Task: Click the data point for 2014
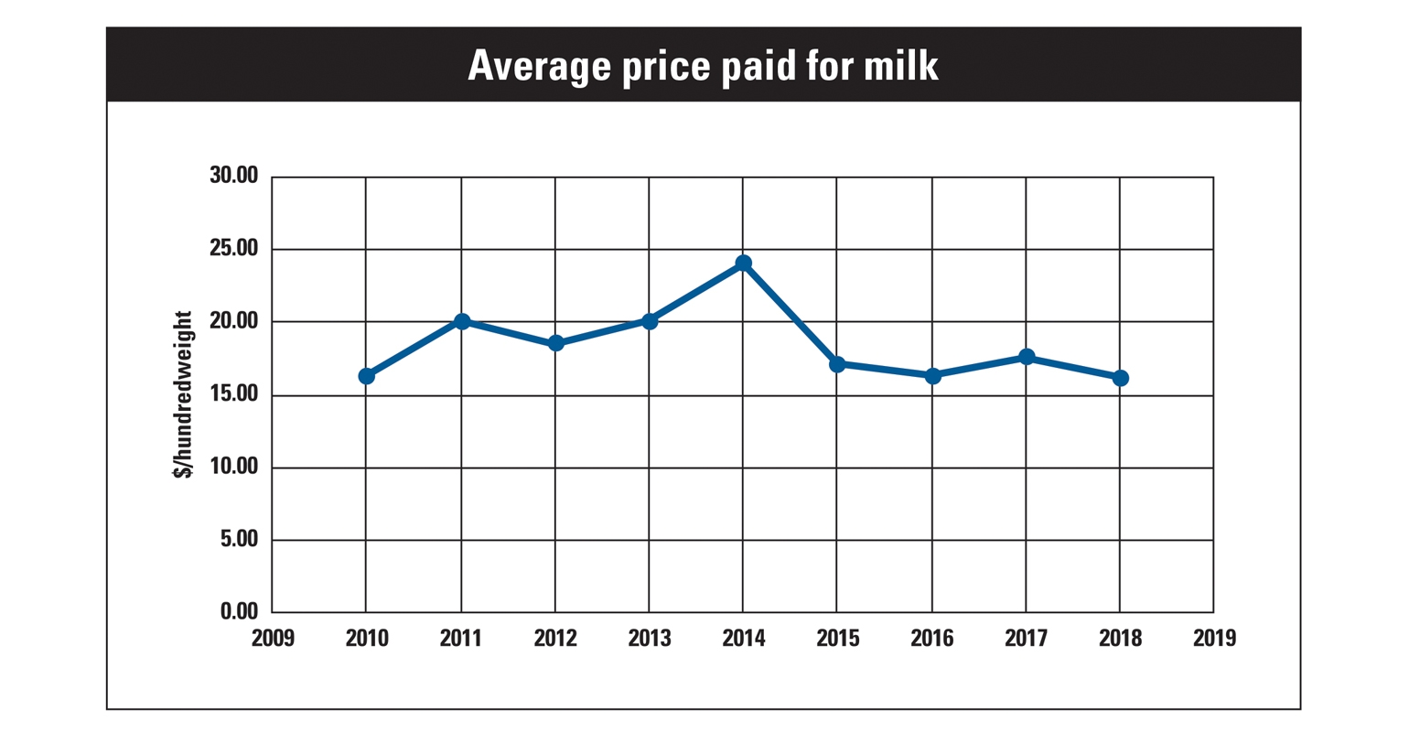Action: point(743,264)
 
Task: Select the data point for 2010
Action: point(366,376)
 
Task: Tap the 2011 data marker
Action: point(461,321)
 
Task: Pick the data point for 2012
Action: point(555,343)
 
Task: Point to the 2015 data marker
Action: point(837,364)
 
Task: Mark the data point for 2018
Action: point(1120,378)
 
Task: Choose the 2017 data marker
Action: point(1026,357)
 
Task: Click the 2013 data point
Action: point(650,321)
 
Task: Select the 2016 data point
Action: point(932,376)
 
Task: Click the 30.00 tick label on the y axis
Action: point(233,176)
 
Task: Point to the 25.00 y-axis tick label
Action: point(233,249)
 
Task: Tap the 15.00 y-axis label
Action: point(233,394)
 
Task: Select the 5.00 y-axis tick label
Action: point(239,540)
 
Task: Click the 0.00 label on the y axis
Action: point(239,611)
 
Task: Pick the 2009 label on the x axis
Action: point(273,638)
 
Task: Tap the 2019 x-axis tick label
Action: point(1214,638)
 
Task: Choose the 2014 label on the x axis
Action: point(743,638)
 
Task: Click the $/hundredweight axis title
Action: point(184,394)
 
